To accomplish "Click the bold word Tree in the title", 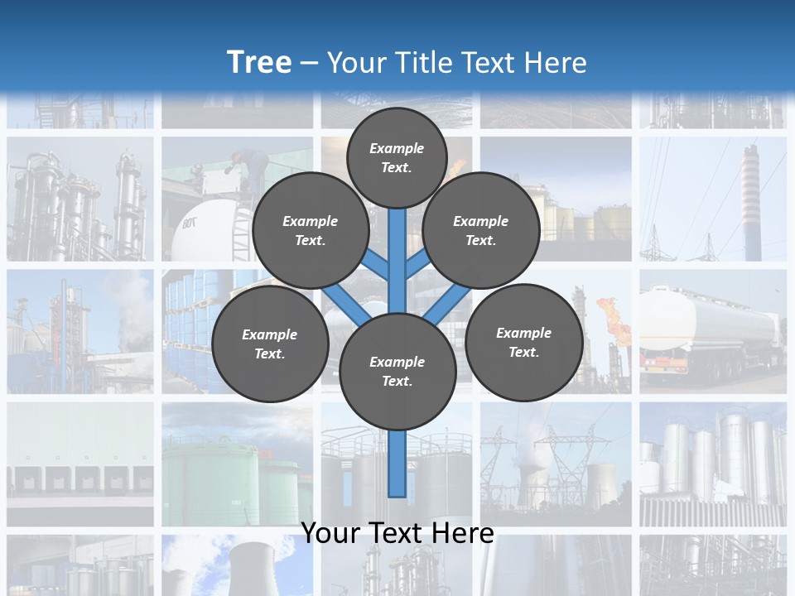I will click(259, 63).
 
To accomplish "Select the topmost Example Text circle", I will click(397, 157).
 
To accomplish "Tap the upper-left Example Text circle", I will click(311, 231).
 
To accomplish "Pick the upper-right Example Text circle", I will click(481, 231).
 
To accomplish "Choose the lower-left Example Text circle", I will click(270, 344).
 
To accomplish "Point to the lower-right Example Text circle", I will click(523, 343).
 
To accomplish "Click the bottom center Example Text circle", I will click(397, 372).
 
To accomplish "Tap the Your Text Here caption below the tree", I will click(397, 533).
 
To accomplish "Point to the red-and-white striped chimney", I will click(750, 199).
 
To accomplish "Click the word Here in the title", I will click(556, 63).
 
